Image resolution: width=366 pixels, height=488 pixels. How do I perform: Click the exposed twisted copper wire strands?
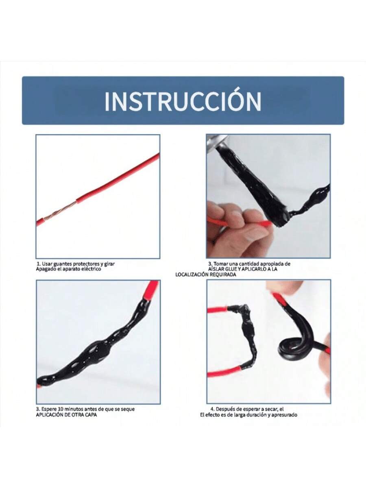[x=60, y=211]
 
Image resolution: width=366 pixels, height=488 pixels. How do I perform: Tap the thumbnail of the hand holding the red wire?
[x=268, y=196]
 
